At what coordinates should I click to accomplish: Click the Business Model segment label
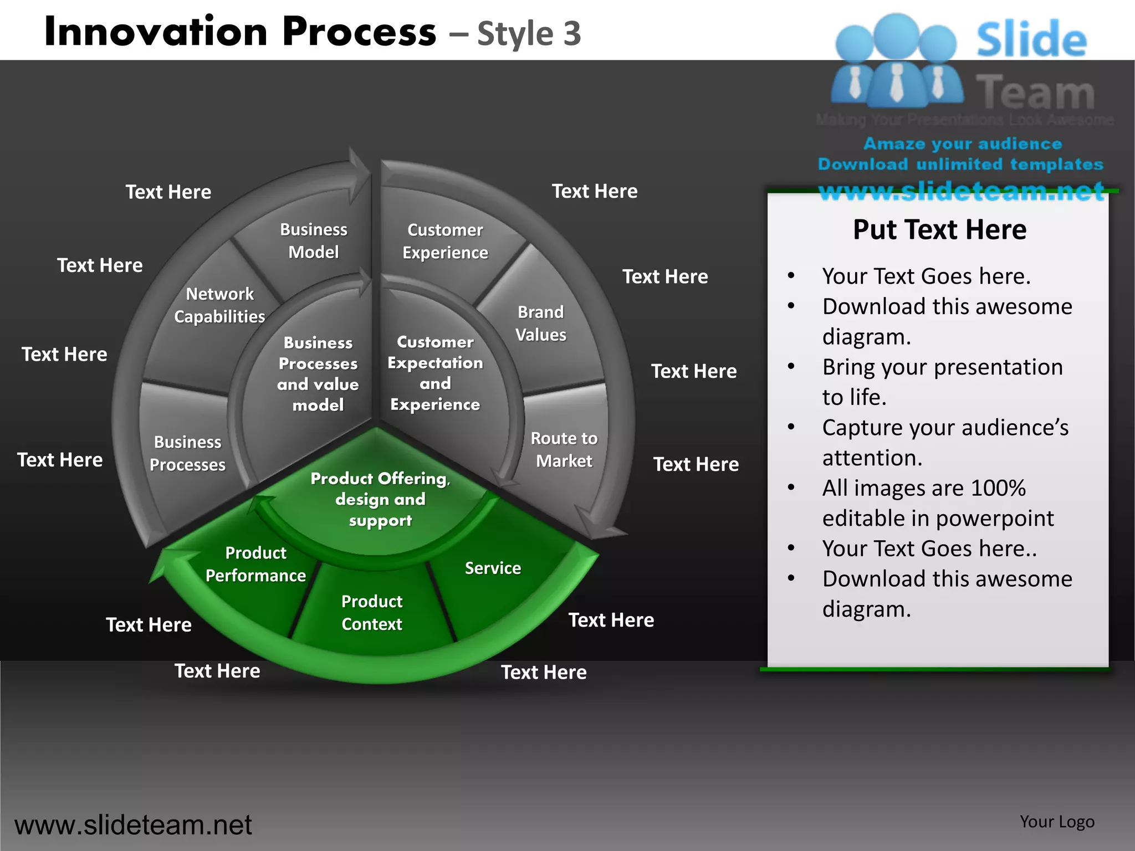(x=313, y=241)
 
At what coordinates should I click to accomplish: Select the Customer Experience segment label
(x=445, y=242)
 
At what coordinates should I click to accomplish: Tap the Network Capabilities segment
(x=219, y=305)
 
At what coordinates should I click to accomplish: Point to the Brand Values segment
(x=540, y=324)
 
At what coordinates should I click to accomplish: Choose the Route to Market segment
(x=564, y=449)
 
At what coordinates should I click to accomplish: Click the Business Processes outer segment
(x=187, y=453)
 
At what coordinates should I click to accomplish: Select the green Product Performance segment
(x=255, y=564)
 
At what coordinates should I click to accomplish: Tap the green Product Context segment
(x=371, y=613)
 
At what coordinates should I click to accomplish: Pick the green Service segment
(x=493, y=568)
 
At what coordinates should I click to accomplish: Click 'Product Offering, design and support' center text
(x=380, y=499)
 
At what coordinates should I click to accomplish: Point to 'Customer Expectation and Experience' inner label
(x=435, y=373)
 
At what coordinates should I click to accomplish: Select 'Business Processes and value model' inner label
(x=318, y=374)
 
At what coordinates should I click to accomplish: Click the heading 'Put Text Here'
(x=939, y=230)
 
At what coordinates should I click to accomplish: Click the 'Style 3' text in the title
(x=529, y=34)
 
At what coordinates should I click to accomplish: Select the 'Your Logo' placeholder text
(x=1057, y=822)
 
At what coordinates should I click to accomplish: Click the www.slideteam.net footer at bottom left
(x=133, y=825)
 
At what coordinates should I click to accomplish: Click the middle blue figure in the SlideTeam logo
(x=896, y=61)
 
